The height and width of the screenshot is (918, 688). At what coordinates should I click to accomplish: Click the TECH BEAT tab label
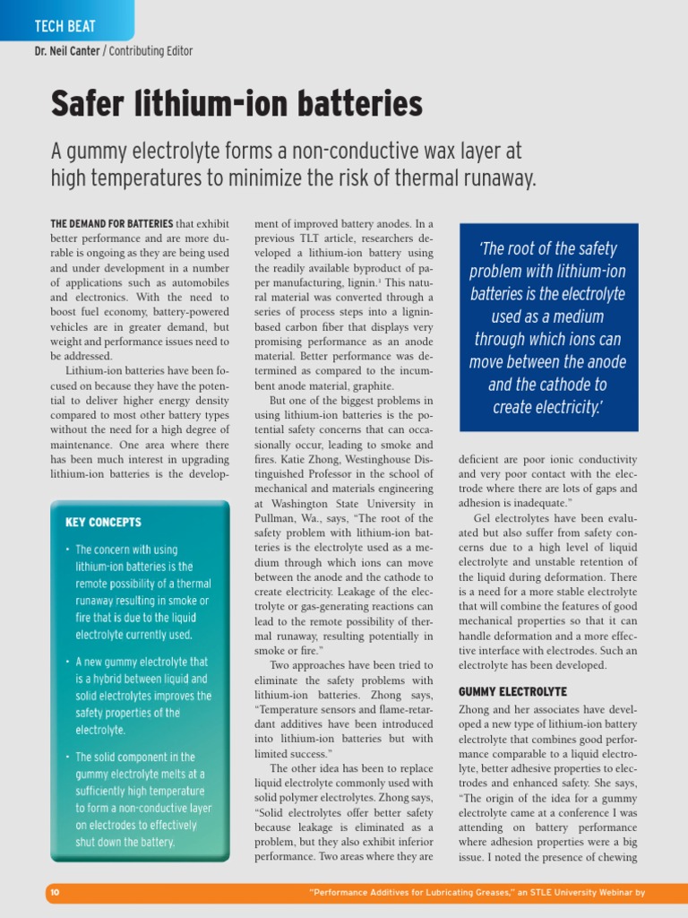coord(64,27)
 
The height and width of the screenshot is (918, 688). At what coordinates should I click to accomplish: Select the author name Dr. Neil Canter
coord(67,51)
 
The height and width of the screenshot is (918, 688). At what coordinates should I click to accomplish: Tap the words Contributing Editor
coord(151,51)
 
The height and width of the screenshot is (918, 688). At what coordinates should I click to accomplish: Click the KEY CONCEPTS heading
coord(103,522)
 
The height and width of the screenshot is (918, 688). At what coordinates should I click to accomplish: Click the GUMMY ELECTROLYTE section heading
coord(512,692)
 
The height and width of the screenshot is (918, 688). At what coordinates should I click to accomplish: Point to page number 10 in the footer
coord(55,893)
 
